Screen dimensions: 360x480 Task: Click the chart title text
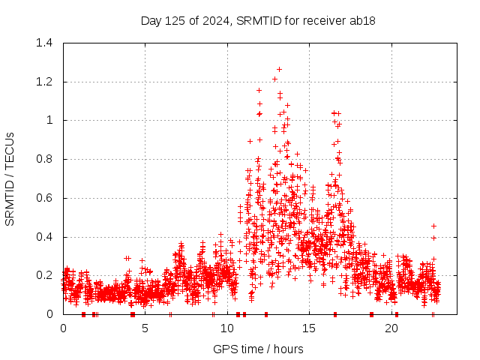(258, 20)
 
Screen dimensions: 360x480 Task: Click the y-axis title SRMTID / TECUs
(10, 178)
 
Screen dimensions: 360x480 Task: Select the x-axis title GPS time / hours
(258, 349)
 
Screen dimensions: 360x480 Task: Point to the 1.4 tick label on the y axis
(48, 43)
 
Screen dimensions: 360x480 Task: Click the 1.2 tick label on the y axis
(48, 82)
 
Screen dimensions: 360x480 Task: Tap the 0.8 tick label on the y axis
(48, 159)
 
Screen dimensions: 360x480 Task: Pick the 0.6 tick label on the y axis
(48, 198)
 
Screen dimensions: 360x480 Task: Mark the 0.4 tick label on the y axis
(48, 237)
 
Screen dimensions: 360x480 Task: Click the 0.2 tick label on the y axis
(48, 275)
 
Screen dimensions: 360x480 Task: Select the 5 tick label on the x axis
(145, 328)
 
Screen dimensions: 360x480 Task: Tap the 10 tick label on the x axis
(227, 328)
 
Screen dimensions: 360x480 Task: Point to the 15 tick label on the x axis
(309, 328)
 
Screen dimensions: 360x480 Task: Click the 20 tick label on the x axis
(391, 328)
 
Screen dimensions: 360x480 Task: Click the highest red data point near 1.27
(279, 69)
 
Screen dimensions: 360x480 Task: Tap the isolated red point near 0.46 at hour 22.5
(433, 226)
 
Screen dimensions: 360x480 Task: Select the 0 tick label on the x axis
(63, 328)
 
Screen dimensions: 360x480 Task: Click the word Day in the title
(151, 20)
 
